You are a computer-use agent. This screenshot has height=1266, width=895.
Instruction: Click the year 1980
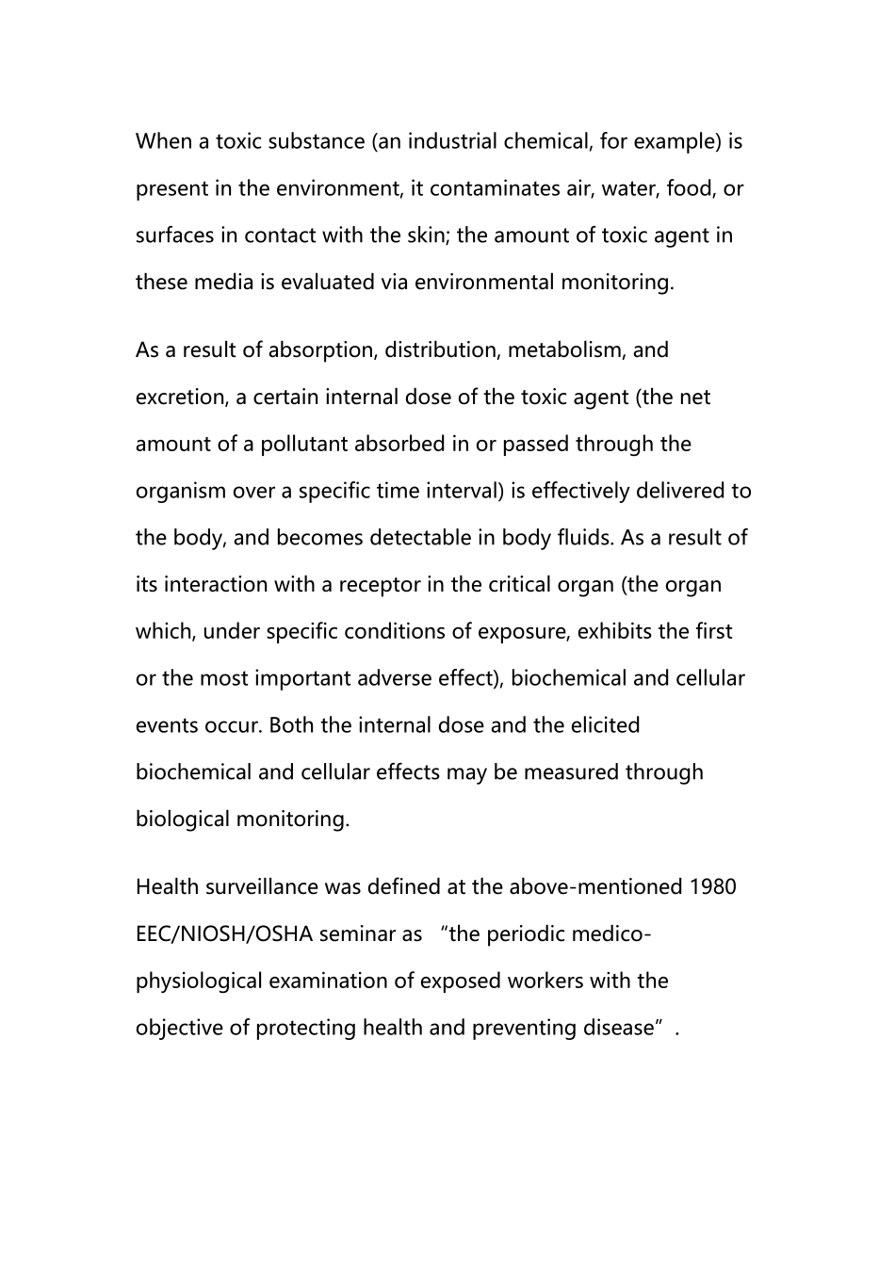[x=712, y=887]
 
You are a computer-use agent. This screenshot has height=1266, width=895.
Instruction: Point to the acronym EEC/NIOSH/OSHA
[x=224, y=934]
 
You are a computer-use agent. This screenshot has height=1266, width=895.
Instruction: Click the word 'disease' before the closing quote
[x=618, y=1028]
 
